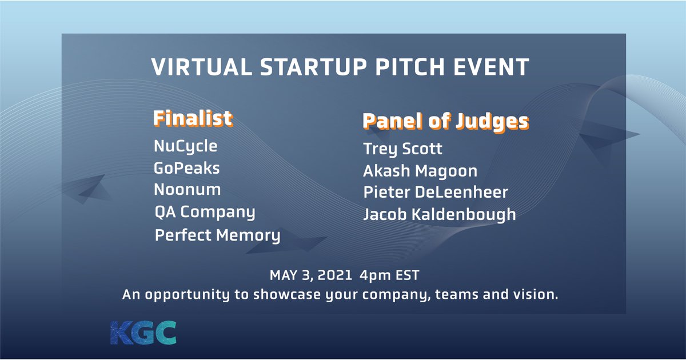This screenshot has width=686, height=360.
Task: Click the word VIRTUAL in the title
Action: [x=201, y=67]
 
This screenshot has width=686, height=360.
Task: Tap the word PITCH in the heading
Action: [x=410, y=67]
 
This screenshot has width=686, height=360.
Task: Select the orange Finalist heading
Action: [x=193, y=118]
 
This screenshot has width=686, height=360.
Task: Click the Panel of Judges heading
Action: [x=446, y=122]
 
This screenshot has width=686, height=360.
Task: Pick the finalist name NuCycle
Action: [x=186, y=146]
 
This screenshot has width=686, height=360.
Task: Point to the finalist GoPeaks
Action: [x=187, y=168]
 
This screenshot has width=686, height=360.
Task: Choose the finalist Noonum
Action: [x=187, y=190]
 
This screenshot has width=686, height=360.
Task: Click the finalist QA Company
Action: [x=205, y=212]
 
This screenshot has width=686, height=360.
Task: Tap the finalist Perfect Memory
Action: [x=217, y=235]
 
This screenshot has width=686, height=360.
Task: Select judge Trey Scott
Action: [x=402, y=149]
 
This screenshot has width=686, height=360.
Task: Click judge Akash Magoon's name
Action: [x=420, y=171]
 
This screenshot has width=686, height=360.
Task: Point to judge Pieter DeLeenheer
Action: [x=436, y=193]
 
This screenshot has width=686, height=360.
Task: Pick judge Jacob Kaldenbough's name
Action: [x=440, y=215]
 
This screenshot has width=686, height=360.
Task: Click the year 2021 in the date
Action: [x=335, y=275]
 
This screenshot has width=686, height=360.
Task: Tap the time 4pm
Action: [x=376, y=276]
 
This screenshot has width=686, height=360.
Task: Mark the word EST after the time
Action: [x=407, y=275]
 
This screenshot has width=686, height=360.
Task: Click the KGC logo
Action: [x=143, y=333]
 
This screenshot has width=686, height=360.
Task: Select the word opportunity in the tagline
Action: [x=187, y=295]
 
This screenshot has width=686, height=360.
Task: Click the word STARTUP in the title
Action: [x=314, y=67]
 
